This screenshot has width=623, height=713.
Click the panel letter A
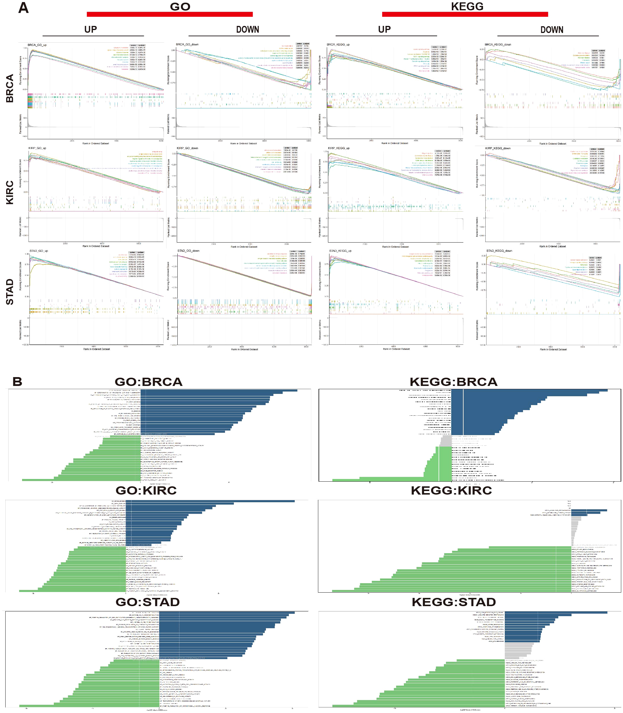tap(23, 8)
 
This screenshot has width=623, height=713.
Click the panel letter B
tap(17, 382)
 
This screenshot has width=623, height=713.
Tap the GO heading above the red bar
tap(180, 6)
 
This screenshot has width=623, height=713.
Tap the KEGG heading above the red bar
tap(467, 6)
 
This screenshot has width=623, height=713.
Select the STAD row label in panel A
tap(10, 292)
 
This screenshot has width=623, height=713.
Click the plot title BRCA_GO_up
tap(37, 45)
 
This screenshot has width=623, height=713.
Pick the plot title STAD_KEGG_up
tap(340, 251)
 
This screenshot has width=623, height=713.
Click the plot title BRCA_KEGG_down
tap(498, 44)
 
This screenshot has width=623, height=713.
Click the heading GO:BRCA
tap(149, 382)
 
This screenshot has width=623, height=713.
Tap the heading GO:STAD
tap(147, 602)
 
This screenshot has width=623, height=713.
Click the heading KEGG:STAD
tap(453, 602)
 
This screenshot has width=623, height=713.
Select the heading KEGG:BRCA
tap(453, 382)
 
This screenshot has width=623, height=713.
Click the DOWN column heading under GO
tap(248, 29)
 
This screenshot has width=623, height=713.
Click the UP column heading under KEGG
tap(384, 29)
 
